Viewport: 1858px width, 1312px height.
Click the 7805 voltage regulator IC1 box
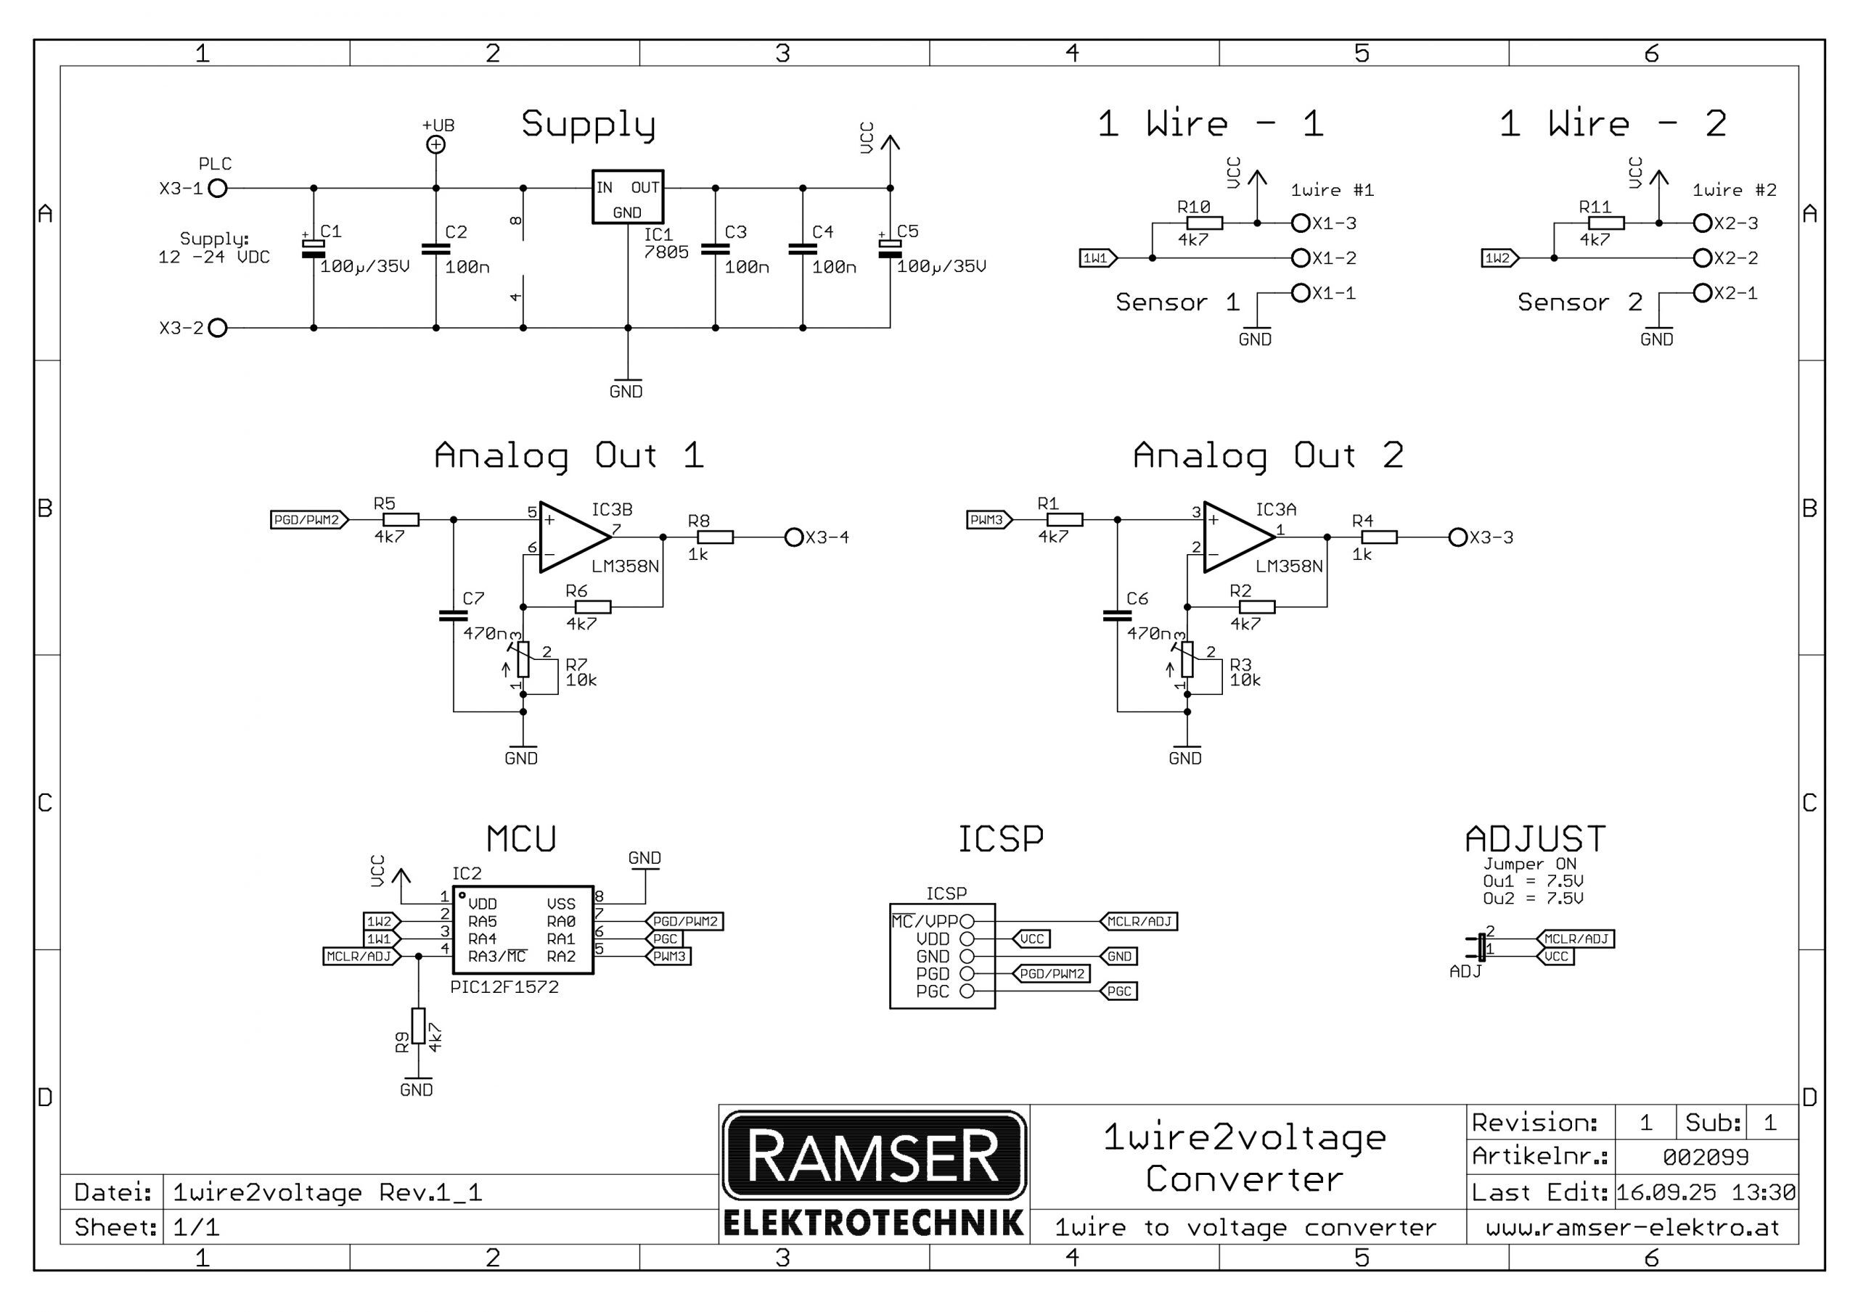point(627,197)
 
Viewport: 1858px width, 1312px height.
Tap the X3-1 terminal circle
point(218,189)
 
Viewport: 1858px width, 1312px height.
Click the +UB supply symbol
point(436,144)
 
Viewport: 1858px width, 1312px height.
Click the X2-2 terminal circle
point(1703,258)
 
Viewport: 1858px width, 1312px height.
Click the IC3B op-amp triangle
point(571,537)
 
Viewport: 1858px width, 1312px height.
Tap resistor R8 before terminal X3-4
point(716,537)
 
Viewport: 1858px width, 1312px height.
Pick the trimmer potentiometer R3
point(1187,659)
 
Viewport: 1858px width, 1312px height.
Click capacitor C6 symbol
point(1118,616)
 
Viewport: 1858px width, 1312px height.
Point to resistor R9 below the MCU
point(418,1026)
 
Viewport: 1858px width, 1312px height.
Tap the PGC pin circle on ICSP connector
point(966,991)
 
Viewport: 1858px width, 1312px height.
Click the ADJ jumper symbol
point(1481,947)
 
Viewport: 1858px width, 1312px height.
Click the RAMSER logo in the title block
point(873,1156)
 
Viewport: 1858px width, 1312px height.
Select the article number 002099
point(1705,1158)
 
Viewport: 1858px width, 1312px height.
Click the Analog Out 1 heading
point(569,455)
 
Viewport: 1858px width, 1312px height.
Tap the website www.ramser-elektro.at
point(1632,1228)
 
